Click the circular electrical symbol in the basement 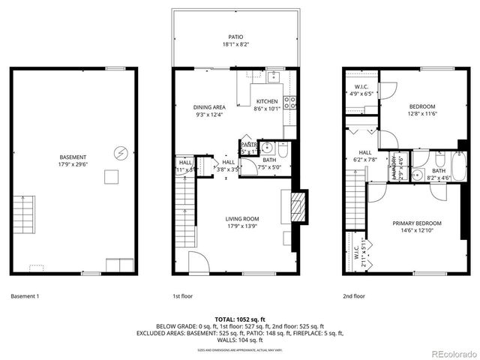pos(119,153)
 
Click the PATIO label pos(235,37)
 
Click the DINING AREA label pos(210,107)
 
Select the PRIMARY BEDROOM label pos(417,223)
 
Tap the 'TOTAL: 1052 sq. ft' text pos(239,319)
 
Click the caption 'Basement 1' pos(25,295)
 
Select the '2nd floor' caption pos(354,295)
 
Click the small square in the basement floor pos(112,177)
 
